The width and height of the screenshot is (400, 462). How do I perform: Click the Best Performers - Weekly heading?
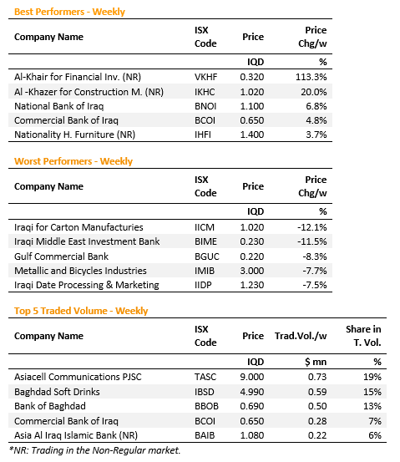69,12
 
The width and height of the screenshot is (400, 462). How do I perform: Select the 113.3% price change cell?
311,77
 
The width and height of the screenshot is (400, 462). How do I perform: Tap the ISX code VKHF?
206,77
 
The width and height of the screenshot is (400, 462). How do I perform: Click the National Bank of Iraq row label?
59,106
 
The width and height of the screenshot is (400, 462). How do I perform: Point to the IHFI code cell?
203,135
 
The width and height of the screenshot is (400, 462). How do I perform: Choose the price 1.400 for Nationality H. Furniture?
252,135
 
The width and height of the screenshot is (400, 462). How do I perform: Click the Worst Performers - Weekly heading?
73,161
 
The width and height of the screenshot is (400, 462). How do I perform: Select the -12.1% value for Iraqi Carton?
312,227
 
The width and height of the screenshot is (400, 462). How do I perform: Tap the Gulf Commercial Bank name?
61,256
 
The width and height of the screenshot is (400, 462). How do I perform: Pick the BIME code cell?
205,241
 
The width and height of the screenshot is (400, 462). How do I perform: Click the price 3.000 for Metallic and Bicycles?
252,271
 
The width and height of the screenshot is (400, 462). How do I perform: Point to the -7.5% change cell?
315,285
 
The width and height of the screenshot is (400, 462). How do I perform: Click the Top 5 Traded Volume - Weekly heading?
81,311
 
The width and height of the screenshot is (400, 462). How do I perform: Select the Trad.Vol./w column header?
301,336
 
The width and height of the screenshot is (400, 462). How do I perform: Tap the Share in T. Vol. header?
363,336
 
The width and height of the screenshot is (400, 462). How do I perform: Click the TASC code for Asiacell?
205,377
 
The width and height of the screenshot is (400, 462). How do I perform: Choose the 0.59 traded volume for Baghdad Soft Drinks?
317,392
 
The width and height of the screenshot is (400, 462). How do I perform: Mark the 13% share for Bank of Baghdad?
372,406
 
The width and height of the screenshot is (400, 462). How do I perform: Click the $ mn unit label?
316,362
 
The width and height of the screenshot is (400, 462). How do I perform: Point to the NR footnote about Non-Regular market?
95,450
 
